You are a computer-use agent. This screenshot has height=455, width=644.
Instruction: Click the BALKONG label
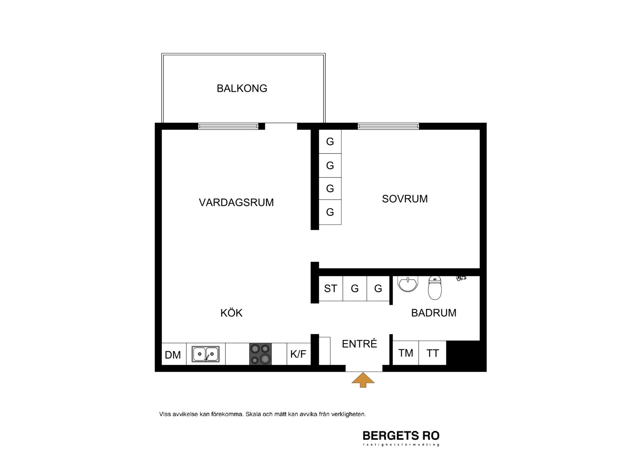click(242, 88)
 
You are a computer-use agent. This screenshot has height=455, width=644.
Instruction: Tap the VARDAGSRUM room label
click(236, 203)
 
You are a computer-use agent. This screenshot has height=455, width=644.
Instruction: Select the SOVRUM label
click(405, 199)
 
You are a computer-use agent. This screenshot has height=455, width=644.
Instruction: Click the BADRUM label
click(434, 313)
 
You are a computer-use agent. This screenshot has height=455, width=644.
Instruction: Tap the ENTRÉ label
click(359, 343)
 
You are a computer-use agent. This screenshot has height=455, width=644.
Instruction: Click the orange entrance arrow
click(363, 380)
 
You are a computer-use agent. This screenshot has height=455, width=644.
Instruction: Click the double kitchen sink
click(206, 354)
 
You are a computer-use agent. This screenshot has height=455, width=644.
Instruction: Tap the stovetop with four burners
click(261, 354)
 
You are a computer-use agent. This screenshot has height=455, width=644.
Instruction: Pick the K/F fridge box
click(299, 354)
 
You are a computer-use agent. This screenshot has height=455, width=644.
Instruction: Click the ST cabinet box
click(330, 289)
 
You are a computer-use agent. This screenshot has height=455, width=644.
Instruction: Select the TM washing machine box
click(406, 353)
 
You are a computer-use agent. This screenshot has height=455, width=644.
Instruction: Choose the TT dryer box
click(433, 353)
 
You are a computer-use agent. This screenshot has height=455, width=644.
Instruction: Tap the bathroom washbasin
click(408, 284)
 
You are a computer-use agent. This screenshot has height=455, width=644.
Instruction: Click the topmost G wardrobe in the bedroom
click(330, 142)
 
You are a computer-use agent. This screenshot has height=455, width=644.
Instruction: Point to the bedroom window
click(388, 126)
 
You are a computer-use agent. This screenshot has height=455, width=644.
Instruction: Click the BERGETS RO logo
click(401, 437)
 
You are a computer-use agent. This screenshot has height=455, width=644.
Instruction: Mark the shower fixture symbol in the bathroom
click(461, 278)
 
